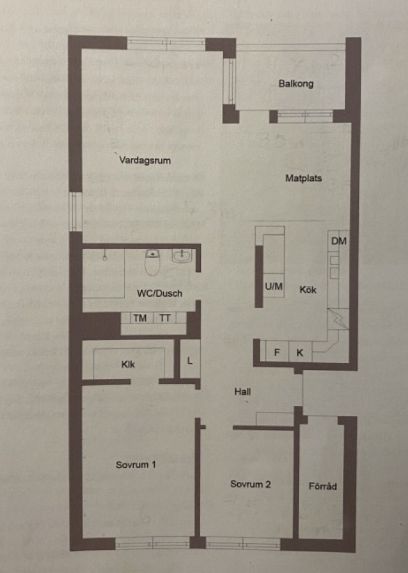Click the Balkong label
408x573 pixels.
(x=296, y=83)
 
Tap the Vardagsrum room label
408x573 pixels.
(x=145, y=160)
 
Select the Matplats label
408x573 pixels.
(x=303, y=178)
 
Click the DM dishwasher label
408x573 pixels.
(x=339, y=241)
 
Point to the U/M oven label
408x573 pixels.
(x=273, y=286)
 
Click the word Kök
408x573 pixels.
(x=308, y=290)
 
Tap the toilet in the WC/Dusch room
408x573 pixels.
(x=152, y=262)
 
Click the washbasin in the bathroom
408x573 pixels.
(x=182, y=255)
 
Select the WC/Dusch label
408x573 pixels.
(x=159, y=293)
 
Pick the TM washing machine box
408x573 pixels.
(x=140, y=318)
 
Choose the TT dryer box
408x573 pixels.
(x=164, y=318)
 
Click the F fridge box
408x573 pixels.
(x=277, y=352)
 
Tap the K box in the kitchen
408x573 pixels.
(x=300, y=352)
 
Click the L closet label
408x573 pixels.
(x=189, y=361)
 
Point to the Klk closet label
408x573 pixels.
(x=128, y=364)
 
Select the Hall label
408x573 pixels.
(x=243, y=392)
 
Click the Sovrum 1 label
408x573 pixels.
(x=136, y=465)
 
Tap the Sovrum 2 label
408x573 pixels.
(x=251, y=485)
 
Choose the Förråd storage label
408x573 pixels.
(x=323, y=486)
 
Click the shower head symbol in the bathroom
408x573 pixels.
(x=105, y=255)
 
